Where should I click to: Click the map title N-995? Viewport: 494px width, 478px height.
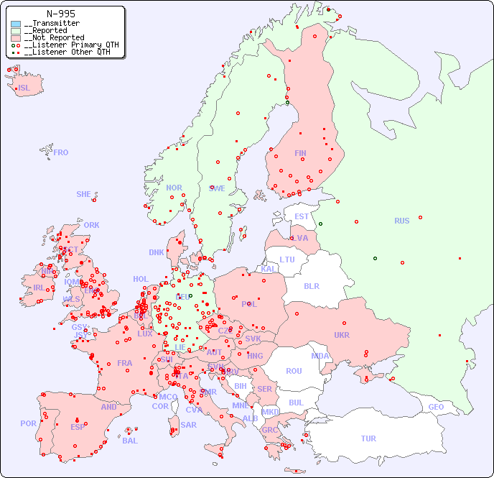[x=60, y=14]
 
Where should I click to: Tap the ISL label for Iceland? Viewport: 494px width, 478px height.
[x=24, y=88]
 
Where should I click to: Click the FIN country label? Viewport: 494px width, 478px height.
[x=300, y=153]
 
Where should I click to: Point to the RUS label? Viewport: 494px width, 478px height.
[x=401, y=221]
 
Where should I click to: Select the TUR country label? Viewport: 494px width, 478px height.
[x=368, y=438]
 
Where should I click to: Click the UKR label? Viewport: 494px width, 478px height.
[x=342, y=335]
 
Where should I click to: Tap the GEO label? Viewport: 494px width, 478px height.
[x=436, y=407]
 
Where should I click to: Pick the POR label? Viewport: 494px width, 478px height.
[x=28, y=423]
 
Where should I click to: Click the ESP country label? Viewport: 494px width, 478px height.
[x=78, y=426]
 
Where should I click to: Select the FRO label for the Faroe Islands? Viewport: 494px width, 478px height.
[x=61, y=152]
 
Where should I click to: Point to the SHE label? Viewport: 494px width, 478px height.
[x=84, y=194]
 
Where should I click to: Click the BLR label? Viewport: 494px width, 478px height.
[x=311, y=285]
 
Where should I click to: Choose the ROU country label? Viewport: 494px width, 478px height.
[x=294, y=371]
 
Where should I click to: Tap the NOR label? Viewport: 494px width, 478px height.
[x=174, y=188]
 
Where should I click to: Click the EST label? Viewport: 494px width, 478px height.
[x=302, y=216]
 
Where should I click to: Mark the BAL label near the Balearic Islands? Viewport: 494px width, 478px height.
[x=130, y=441]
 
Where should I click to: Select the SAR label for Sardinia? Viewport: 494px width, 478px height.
[x=188, y=425]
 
